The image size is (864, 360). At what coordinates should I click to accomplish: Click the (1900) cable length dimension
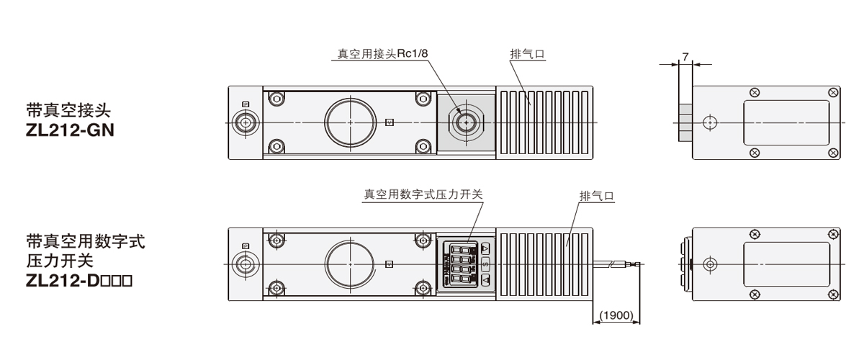(x=616, y=315)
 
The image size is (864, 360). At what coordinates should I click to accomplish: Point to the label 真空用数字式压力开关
(x=423, y=194)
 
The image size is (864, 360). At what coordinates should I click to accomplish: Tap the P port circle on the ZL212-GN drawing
(x=247, y=123)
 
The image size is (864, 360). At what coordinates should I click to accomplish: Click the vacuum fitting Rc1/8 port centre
(x=465, y=123)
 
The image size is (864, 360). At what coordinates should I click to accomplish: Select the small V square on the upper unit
(x=390, y=122)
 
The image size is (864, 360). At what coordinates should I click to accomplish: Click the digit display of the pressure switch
(x=461, y=264)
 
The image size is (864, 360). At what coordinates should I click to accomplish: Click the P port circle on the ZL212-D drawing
(x=247, y=264)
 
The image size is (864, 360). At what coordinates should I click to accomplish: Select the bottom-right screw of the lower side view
(x=833, y=294)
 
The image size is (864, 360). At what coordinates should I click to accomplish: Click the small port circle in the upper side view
(x=710, y=123)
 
